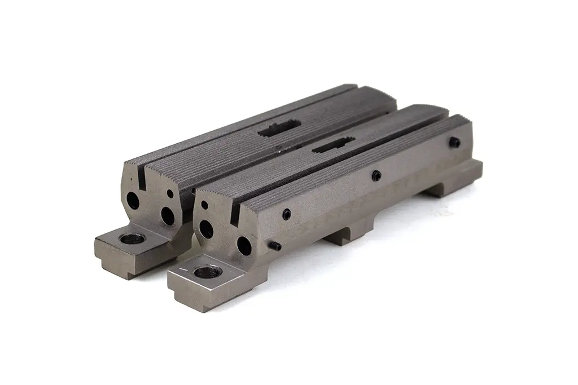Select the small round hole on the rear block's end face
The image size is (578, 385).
pyautogui.click(x=170, y=194)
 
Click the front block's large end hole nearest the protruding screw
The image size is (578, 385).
pyautogui.click(x=243, y=245)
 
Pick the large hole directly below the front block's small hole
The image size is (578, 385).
pyautogui.click(x=206, y=228)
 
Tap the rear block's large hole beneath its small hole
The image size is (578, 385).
pyautogui.click(x=168, y=215)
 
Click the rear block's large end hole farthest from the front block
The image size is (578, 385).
pyautogui.click(x=133, y=200)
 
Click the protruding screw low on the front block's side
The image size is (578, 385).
pyautogui.click(x=276, y=246)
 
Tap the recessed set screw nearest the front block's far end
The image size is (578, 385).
pyautogui.click(x=455, y=142)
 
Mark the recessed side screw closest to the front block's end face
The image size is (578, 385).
pyautogui.click(x=287, y=213)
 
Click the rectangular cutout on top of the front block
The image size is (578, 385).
pyautogui.click(x=332, y=146)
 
